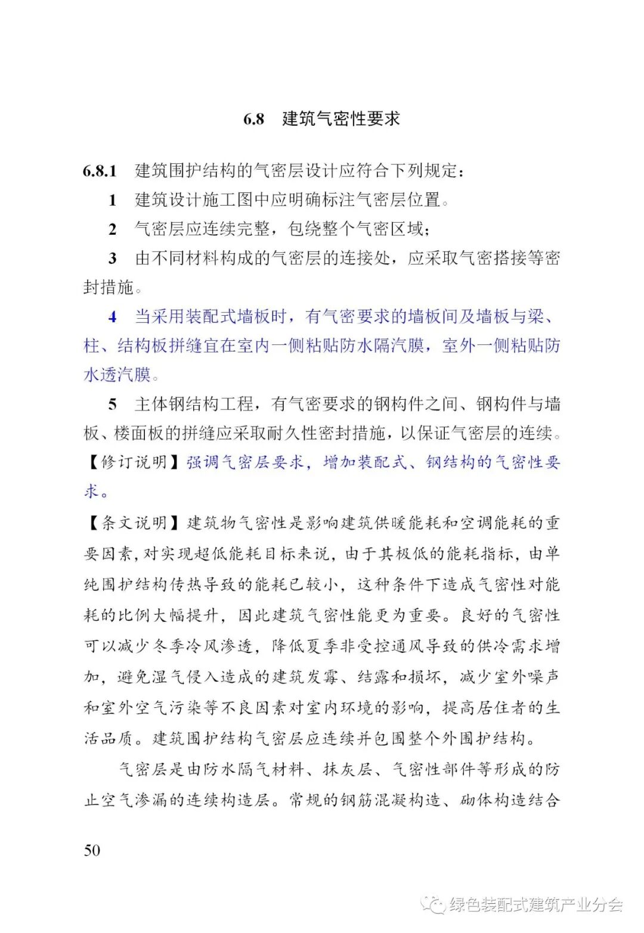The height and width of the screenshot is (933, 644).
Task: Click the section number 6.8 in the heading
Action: click(253, 119)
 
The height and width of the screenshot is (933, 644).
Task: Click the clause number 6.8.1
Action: click(100, 171)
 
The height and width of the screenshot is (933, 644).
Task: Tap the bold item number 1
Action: click(112, 200)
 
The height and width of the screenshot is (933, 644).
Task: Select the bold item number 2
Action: click(112, 229)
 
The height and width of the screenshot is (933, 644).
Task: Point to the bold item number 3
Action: click(112, 259)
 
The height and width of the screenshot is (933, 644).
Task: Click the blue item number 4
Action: click(112, 317)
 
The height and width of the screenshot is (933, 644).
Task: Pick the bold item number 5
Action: click(112, 405)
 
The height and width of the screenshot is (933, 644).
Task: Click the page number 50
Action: click(92, 850)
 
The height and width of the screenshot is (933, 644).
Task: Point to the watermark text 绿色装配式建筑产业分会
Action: click(536, 905)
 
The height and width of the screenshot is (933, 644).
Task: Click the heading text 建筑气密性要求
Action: click(340, 119)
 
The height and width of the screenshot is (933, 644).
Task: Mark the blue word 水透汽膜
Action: click(117, 375)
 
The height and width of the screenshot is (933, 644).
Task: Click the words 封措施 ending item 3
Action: click(108, 288)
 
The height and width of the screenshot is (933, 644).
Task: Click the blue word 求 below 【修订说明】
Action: click(91, 492)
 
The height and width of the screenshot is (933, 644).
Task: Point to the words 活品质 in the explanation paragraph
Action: click(108, 739)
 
